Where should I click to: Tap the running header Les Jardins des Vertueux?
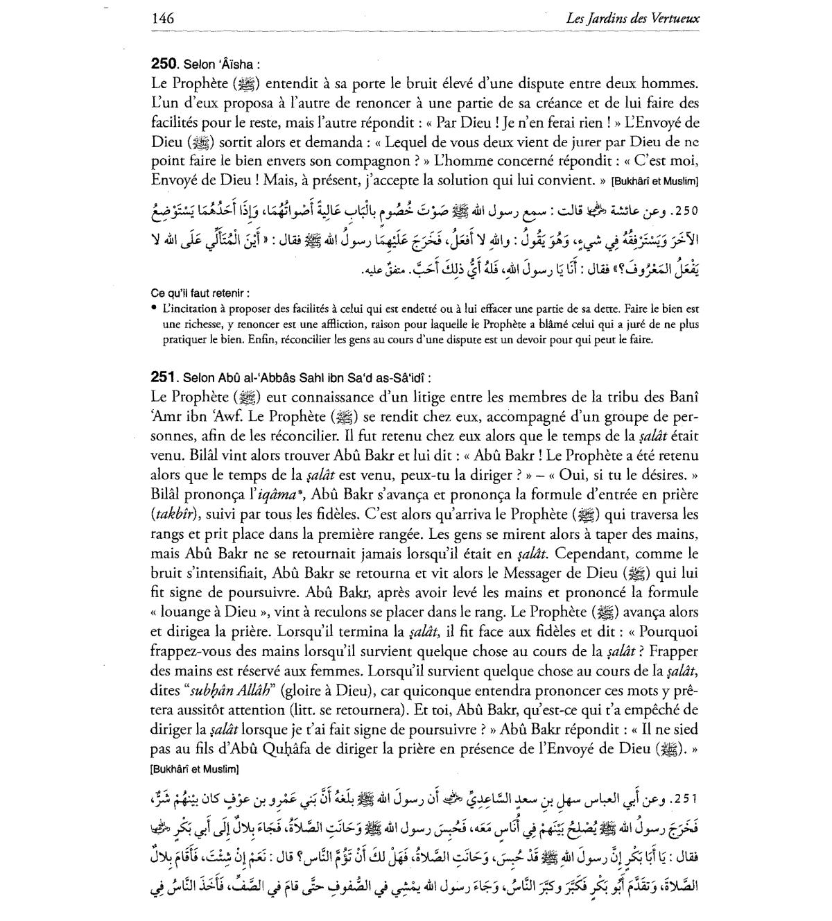click(632, 19)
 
